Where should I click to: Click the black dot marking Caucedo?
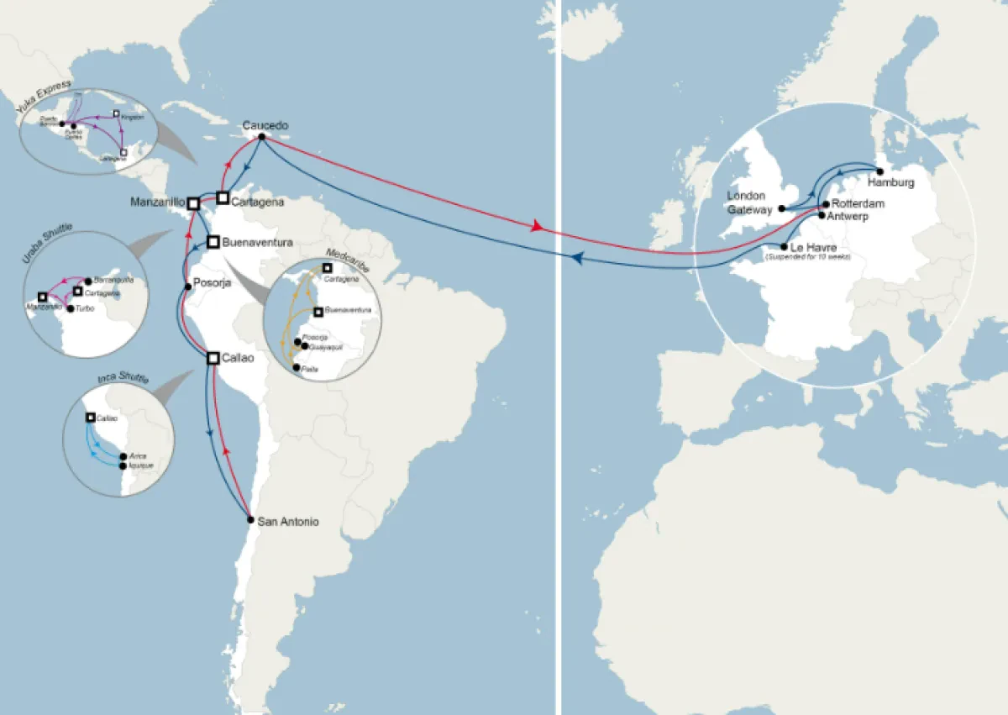(262, 137)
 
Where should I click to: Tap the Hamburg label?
(891, 182)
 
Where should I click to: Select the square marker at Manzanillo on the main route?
(193, 202)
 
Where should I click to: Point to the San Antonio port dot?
(250, 520)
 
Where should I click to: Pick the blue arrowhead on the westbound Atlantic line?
(577, 259)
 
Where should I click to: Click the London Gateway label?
(748, 202)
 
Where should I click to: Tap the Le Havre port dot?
(784, 247)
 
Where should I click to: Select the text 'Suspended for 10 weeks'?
(807, 256)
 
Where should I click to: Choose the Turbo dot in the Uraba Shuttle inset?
(70, 308)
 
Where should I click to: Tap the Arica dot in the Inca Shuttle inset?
(123, 456)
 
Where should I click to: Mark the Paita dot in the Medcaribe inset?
(295, 368)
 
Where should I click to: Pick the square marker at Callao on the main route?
(213, 358)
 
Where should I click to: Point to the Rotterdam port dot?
(825, 203)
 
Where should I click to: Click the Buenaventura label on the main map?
(257, 242)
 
